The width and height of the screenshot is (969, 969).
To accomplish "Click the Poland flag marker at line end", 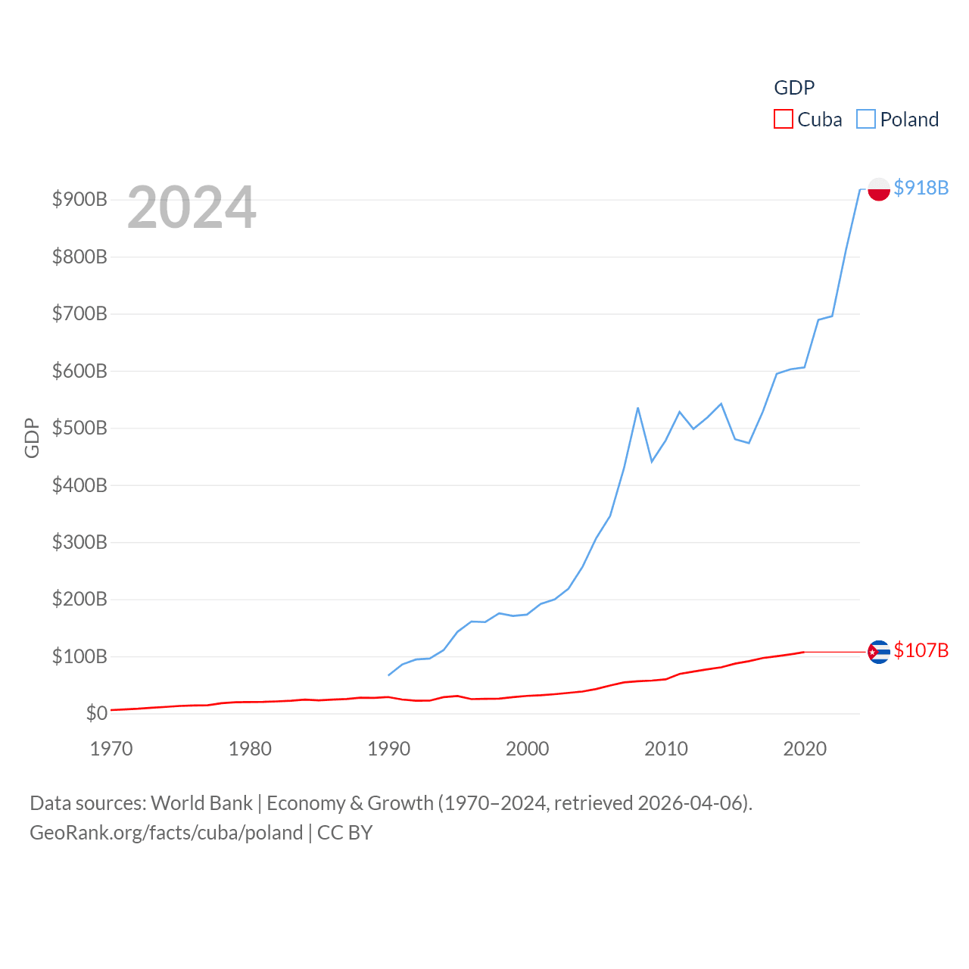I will pyautogui.click(x=878, y=189).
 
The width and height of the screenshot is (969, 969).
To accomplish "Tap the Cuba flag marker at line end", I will pyautogui.click(x=878, y=652).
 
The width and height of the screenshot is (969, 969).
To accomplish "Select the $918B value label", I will pyautogui.click(x=921, y=188).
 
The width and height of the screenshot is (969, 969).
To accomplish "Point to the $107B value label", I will pyautogui.click(x=921, y=651).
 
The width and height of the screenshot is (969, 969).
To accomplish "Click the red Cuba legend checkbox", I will pyautogui.click(x=783, y=120).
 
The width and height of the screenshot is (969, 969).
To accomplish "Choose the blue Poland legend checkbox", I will pyautogui.click(x=866, y=120).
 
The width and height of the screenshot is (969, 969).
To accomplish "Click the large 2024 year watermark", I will pyautogui.click(x=192, y=207).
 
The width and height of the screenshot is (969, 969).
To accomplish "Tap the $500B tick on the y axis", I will pyautogui.click(x=79, y=428).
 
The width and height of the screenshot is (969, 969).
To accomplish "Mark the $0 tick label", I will pyautogui.click(x=96, y=713).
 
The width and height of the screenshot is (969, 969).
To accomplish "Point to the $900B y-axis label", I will pyautogui.click(x=79, y=200).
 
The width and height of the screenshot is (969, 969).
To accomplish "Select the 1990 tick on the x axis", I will pyautogui.click(x=388, y=749).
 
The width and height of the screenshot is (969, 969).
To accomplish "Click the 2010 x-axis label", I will pyautogui.click(x=666, y=749).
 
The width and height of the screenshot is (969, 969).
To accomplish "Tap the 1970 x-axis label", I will pyautogui.click(x=111, y=749).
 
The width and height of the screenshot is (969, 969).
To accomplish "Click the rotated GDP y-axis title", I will pyautogui.click(x=32, y=438).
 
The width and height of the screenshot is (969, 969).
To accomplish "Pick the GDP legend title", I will pyautogui.click(x=794, y=88).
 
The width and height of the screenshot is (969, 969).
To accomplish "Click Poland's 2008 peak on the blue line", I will pyautogui.click(x=638, y=408).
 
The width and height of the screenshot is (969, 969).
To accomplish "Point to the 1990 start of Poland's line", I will pyautogui.click(x=388, y=675).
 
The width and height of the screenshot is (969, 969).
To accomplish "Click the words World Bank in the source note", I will pyautogui.click(x=201, y=803).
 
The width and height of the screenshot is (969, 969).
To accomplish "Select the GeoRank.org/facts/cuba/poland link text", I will pyautogui.click(x=166, y=833).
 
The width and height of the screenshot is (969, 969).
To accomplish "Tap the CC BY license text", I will pyautogui.click(x=344, y=833).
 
